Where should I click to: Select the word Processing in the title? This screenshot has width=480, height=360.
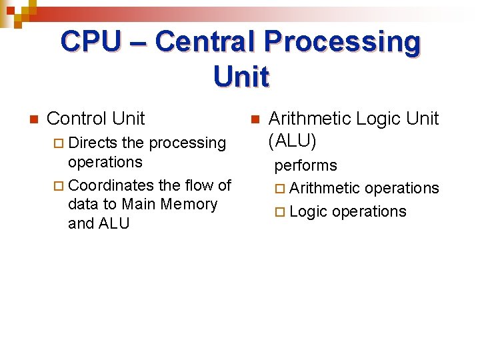[342, 42]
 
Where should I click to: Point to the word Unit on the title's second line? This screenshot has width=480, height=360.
[241, 77]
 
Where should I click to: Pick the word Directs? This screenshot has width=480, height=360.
[93, 143]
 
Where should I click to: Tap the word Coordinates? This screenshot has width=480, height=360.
[109, 185]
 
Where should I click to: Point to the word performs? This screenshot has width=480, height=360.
[306, 165]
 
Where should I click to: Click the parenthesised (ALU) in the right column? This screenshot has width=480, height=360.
[292, 141]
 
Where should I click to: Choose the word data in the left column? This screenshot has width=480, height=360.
[81, 204]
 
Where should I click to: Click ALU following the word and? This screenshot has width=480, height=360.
[114, 223]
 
